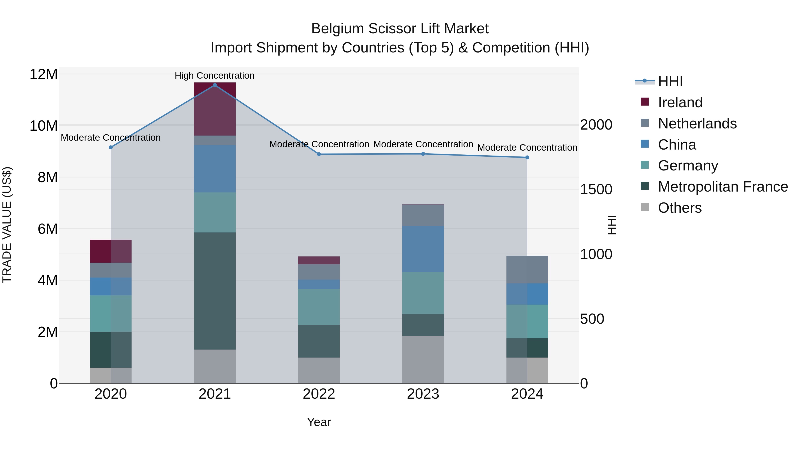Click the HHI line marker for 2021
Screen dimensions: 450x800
pyautogui.click(x=215, y=85)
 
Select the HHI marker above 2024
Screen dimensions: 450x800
pyautogui.click(x=527, y=158)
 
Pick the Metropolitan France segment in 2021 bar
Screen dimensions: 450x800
pyautogui.click(x=215, y=291)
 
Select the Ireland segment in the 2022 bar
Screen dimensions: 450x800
pyautogui.click(x=319, y=260)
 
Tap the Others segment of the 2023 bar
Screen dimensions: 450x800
pyautogui.click(x=423, y=359)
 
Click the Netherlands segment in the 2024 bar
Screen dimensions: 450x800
pyautogui.click(x=527, y=269)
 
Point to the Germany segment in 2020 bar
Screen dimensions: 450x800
pyautogui.click(x=111, y=313)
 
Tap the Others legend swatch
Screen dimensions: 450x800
pyautogui.click(x=645, y=207)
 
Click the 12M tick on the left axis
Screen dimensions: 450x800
pyautogui.click(x=44, y=74)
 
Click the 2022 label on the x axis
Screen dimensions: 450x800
pyautogui.click(x=319, y=394)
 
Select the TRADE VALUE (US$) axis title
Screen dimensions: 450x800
pyautogui.click(x=7, y=225)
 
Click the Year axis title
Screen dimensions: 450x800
pyautogui.click(x=319, y=422)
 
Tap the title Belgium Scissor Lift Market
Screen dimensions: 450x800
pyautogui.click(x=400, y=29)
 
